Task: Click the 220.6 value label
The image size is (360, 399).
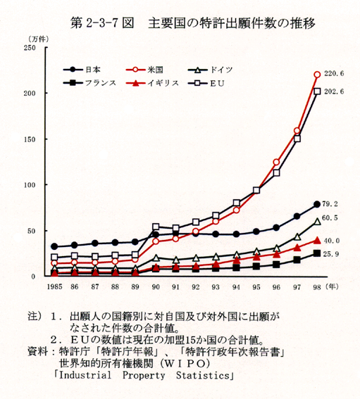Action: point(334,74)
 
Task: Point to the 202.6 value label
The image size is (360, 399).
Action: point(334,91)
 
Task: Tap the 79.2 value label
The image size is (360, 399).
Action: point(330,204)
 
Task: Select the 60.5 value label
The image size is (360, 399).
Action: point(330,218)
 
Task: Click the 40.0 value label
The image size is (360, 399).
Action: point(332,241)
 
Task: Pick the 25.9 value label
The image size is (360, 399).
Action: point(331,254)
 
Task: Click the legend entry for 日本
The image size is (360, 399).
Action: point(82,70)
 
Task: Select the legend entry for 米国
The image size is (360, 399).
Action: point(144,70)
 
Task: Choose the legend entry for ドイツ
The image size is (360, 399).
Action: point(211,70)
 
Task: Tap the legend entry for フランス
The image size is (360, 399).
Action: point(89,83)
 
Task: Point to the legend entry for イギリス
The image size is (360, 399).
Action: point(152,83)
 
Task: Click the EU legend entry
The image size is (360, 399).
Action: point(206,83)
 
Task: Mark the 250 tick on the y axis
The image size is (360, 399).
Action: point(30,48)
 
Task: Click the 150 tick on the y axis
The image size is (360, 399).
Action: point(30,139)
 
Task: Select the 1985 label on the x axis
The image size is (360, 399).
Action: point(54,287)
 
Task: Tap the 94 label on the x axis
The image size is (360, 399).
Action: point(236,287)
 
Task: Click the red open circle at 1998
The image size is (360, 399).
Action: point(317,75)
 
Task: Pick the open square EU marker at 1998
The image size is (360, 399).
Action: point(317,91)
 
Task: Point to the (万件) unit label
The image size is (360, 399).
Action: point(38,39)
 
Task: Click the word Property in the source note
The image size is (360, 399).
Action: point(144,376)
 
